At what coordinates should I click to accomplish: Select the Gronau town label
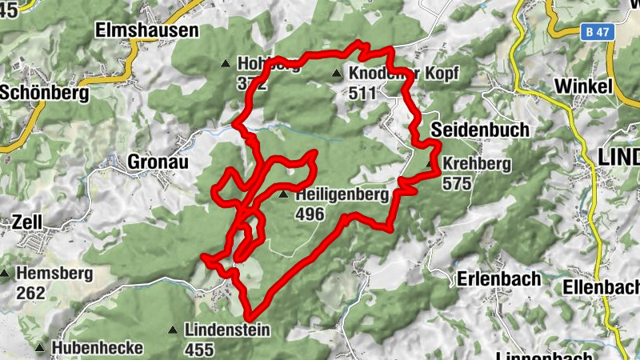coord(158,162)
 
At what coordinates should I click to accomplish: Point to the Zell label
coord(27,221)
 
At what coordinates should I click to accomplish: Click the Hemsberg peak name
coord(54,274)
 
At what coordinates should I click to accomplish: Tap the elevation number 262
coord(30,293)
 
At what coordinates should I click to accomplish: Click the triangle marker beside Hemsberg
coord(5,274)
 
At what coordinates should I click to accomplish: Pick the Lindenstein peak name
coord(227,330)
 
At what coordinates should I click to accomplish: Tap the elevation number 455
coord(199,350)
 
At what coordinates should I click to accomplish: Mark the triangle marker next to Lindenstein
coord(173,330)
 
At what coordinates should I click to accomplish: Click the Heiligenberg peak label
coord(342,194)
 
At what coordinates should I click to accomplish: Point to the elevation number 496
coord(309,214)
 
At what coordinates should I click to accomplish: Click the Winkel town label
coord(583,86)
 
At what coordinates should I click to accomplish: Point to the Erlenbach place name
coord(499,279)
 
